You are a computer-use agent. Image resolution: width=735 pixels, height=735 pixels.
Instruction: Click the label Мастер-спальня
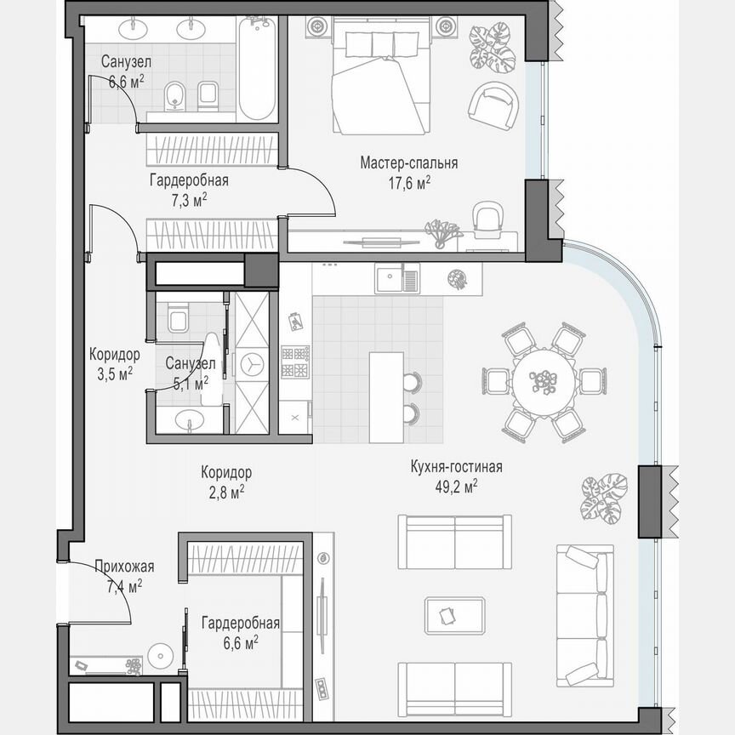click(x=408, y=163)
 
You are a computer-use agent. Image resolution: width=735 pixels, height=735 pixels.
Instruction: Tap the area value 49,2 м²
click(x=456, y=486)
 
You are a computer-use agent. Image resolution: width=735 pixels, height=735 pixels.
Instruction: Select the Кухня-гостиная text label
click(x=456, y=467)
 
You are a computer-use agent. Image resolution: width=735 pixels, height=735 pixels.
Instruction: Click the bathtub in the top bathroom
click(x=256, y=69)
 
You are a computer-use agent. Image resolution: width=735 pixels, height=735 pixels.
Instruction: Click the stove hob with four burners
click(x=294, y=362)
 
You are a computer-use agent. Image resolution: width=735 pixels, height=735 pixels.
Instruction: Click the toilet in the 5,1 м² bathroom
click(x=179, y=318)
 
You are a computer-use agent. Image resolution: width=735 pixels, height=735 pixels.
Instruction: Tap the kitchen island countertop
click(x=385, y=396)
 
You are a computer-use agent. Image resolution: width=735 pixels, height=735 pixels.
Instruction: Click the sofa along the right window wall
click(x=584, y=616)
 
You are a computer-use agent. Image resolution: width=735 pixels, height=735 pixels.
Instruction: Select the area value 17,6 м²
click(x=408, y=182)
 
